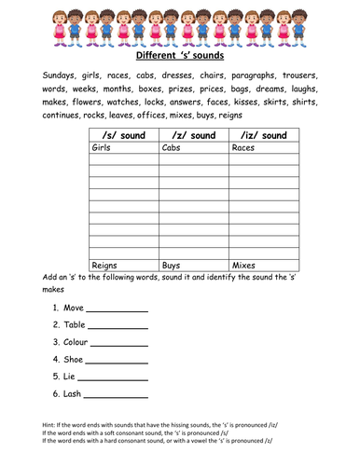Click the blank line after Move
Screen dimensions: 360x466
point(118,309)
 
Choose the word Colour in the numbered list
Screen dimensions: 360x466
point(78,342)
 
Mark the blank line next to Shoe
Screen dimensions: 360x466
point(118,362)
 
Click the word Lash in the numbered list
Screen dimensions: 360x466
point(74,394)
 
